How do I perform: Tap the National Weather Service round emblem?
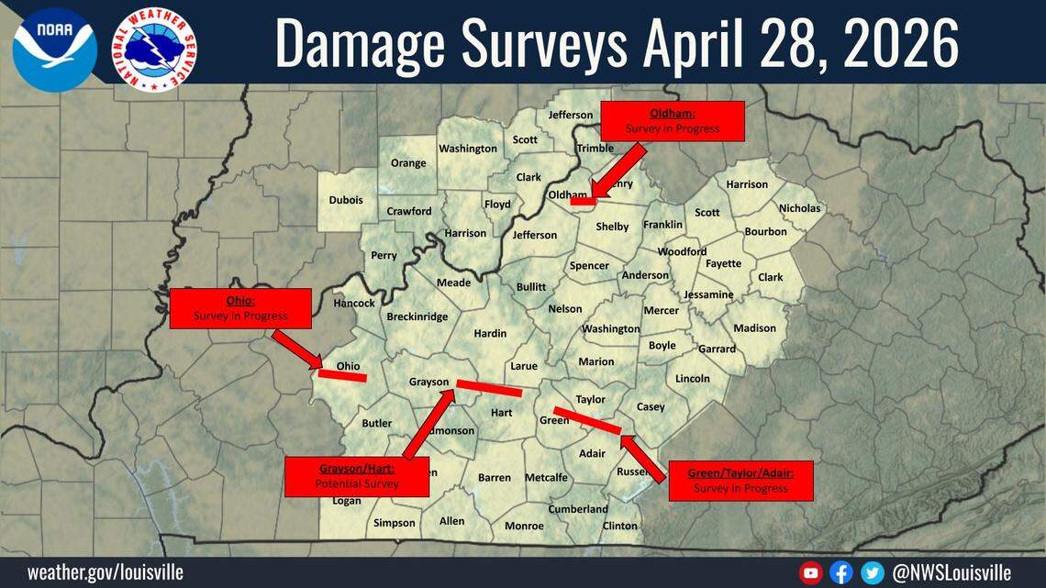click(x=154, y=49)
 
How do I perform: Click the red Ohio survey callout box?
click(x=240, y=308)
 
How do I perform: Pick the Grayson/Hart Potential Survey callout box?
click(x=357, y=476)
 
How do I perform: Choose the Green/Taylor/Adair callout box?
click(x=740, y=481)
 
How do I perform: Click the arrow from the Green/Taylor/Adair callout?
click(x=643, y=457)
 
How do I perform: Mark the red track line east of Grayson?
click(x=488, y=388)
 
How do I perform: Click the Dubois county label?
click(x=346, y=200)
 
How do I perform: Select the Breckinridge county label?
click(x=417, y=316)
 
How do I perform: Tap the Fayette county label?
click(x=723, y=263)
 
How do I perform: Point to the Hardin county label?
click(x=490, y=333)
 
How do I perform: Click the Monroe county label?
click(x=524, y=526)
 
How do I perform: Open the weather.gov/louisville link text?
click(x=105, y=572)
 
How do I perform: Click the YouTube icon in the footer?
click(x=811, y=573)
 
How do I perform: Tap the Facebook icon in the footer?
click(x=841, y=573)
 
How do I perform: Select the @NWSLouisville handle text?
click(x=951, y=573)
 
